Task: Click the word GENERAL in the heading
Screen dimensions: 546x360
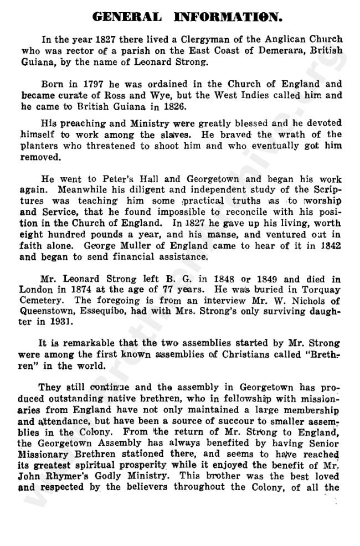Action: click(127, 17)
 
